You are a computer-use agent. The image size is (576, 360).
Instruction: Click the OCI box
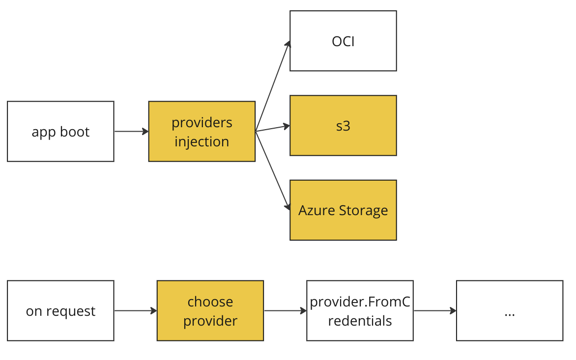[x=343, y=41]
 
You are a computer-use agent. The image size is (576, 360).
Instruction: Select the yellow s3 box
[x=343, y=126]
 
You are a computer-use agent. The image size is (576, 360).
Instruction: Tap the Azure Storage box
[x=343, y=210]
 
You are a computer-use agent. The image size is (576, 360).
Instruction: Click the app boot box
[x=60, y=132]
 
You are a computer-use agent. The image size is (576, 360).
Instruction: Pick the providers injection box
[x=202, y=132]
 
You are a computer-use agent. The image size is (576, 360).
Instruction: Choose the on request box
[x=60, y=311]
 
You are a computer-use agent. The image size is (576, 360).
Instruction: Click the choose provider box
[x=210, y=311]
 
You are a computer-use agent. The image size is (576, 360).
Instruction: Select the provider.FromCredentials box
[x=360, y=311]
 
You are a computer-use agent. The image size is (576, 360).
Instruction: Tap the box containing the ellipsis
[x=510, y=311]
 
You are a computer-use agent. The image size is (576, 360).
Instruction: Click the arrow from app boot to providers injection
[x=131, y=132]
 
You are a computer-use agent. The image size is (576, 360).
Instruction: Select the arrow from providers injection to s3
[x=273, y=129]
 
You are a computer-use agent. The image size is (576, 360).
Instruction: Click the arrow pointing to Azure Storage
[x=272, y=171]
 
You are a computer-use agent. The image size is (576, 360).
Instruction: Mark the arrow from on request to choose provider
[x=136, y=311]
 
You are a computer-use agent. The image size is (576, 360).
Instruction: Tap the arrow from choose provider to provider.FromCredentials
[x=285, y=311]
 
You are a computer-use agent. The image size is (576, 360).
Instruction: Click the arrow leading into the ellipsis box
[x=435, y=311]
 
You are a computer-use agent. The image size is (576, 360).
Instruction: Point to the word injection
[x=202, y=141]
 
